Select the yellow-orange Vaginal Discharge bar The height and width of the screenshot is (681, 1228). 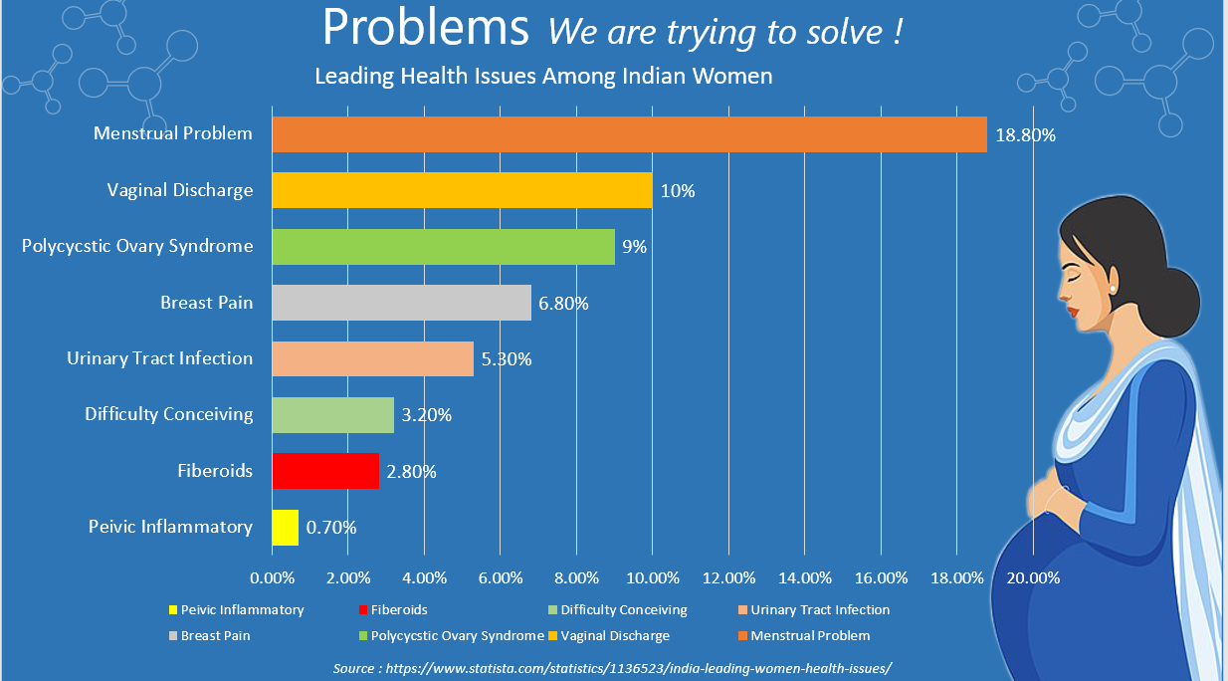pyautogui.click(x=462, y=190)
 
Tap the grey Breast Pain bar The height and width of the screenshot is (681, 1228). pyautogui.click(x=401, y=303)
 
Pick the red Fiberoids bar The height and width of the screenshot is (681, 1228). pyautogui.click(x=325, y=471)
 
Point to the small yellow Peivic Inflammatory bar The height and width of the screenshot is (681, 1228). pyautogui.click(x=286, y=527)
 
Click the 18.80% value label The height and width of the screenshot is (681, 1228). pyautogui.click(x=1024, y=135)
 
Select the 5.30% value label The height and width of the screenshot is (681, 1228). pyautogui.click(x=506, y=359)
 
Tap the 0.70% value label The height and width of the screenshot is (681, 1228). pyautogui.click(x=330, y=528)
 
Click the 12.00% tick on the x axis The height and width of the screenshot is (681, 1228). pyautogui.click(x=728, y=577)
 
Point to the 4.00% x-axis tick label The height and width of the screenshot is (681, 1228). pyautogui.click(x=424, y=577)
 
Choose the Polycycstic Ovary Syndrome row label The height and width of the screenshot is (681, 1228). pyautogui.click(x=137, y=246)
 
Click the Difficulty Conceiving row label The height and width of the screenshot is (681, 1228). pyautogui.click(x=168, y=414)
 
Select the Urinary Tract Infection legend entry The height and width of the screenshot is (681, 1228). pyautogui.click(x=820, y=609)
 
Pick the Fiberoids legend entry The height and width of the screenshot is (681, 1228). pyautogui.click(x=398, y=609)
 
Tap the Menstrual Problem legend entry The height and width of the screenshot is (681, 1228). pyautogui.click(x=810, y=635)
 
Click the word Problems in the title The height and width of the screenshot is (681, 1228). pyautogui.click(x=426, y=29)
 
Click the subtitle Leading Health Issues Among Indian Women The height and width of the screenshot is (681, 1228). pyautogui.click(x=543, y=77)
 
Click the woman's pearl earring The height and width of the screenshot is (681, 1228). pyautogui.click(x=1113, y=288)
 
